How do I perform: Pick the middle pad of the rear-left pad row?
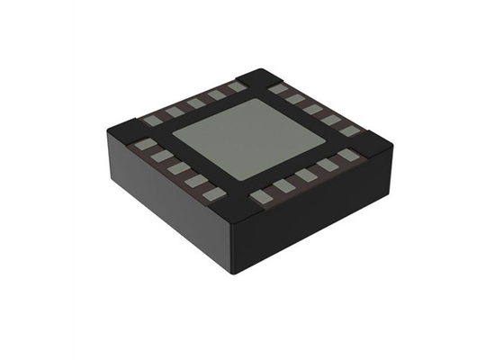point(195,103)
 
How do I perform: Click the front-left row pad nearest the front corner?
point(214,193)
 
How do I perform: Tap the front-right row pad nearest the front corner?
point(262,195)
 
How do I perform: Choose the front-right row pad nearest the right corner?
point(347,155)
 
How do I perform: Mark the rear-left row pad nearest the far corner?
point(236,86)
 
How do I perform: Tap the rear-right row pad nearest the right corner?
point(349,130)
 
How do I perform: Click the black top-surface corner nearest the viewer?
point(238,212)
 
